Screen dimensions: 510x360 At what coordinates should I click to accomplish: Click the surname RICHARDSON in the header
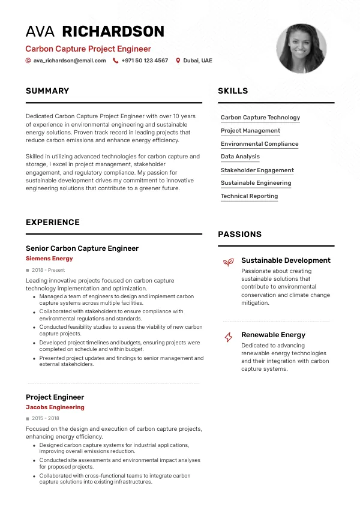(x=113, y=32)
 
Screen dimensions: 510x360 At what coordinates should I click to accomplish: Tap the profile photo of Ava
(x=301, y=49)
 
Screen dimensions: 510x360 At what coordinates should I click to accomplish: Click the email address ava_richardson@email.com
(x=70, y=61)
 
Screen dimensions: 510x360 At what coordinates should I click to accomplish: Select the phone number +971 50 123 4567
(x=145, y=61)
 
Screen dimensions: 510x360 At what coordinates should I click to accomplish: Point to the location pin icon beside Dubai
(x=178, y=61)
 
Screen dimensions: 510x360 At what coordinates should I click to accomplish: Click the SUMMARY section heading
(x=47, y=91)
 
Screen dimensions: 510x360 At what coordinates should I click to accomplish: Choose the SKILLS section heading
(x=233, y=91)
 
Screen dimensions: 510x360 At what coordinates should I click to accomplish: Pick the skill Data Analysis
(x=240, y=157)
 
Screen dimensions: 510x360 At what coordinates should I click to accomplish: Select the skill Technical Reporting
(x=249, y=196)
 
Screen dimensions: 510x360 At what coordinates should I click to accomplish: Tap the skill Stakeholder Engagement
(x=257, y=170)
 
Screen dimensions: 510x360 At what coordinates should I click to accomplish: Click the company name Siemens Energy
(x=49, y=259)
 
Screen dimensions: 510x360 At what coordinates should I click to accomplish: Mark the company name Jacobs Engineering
(x=55, y=407)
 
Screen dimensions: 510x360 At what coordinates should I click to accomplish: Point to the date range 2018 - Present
(x=48, y=271)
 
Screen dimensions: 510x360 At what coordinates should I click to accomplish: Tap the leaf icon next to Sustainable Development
(x=228, y=262)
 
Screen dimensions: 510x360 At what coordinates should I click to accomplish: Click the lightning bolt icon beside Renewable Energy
(x=228, y=337)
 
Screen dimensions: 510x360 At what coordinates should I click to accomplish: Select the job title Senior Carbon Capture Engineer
(x=82, y=248)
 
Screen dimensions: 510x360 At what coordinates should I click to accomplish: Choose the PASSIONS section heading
(x=239, y=235)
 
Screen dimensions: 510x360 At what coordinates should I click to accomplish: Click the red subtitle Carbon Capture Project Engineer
(x=88, y=49)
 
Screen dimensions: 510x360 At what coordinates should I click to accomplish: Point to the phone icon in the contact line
(x=116, y=61)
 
